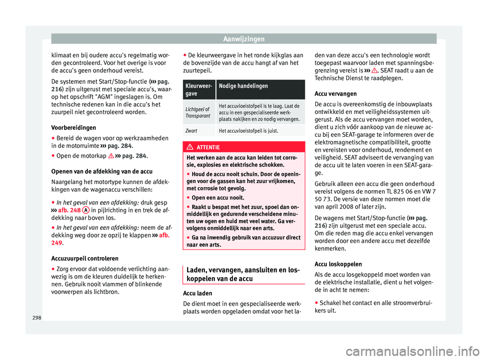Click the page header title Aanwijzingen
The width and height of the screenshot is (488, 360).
click(243, 38)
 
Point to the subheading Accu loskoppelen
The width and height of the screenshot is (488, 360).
click(339, 264)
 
